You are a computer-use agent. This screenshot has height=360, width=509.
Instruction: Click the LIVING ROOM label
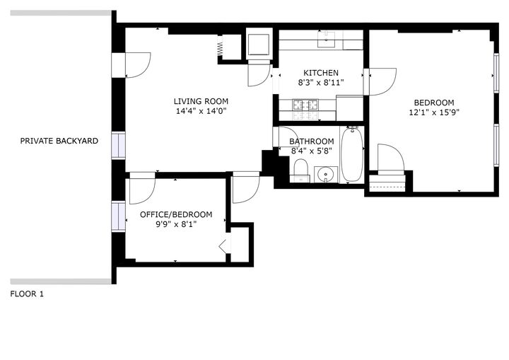(201, 101)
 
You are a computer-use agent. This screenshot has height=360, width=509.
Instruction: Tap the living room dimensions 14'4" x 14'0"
(201, 111)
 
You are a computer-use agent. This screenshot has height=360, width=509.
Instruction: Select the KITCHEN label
(321, 73)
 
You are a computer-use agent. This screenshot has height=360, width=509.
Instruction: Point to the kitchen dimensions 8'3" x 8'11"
(321, 83)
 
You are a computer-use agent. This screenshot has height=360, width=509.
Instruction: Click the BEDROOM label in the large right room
(433, 102)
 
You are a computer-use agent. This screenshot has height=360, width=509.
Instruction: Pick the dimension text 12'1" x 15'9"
(433, 112)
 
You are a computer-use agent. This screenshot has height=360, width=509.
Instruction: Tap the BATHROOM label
(311, 141)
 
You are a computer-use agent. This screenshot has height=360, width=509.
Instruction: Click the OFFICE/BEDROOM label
(176, 214)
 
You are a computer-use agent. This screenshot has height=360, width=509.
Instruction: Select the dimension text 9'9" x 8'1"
(176, 224)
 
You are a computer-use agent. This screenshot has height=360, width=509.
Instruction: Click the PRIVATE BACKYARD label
(59, 141)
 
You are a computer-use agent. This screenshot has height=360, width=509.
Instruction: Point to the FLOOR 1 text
(27, 294)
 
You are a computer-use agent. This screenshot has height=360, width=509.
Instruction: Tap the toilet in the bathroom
(300, 170)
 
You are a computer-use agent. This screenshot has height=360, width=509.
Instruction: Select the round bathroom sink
(327, 173)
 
